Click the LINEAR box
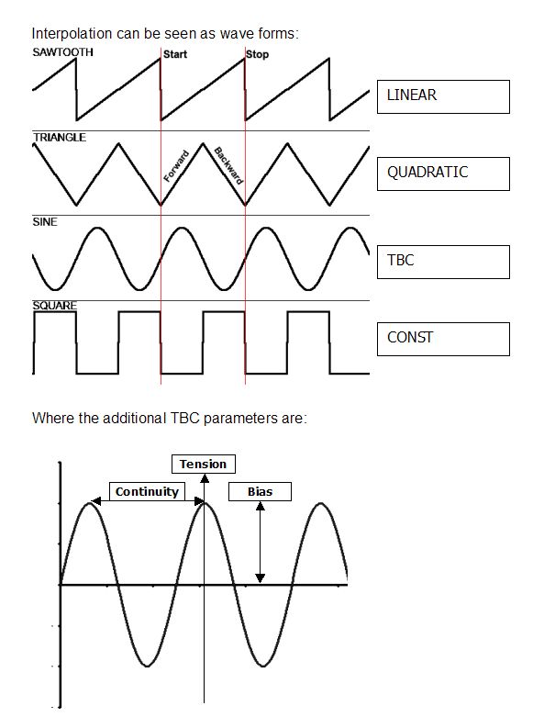[x=443, y=97]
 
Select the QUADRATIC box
[x=443, y=174]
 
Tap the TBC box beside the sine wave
[x=443, y=262]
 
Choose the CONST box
[x=443, y=339]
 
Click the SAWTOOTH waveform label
[x=62, y=52]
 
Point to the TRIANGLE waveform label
[x=60, y=137]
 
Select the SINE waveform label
[x=45, y=222]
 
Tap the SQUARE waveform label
[x=54, y=306]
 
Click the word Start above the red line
[x=175, y=54]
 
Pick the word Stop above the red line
[x=257, y=54]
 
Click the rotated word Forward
[x=176, y=166]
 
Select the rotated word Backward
[x=228, y=165]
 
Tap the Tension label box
[x=204, y=465]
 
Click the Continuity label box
[x=147, y=491]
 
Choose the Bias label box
[x=260, y=491]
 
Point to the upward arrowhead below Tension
[x=205, y=478]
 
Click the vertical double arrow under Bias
[x=260, y=543]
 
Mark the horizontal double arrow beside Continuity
[x=147, y=501]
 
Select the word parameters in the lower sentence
[x=234, y=419]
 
